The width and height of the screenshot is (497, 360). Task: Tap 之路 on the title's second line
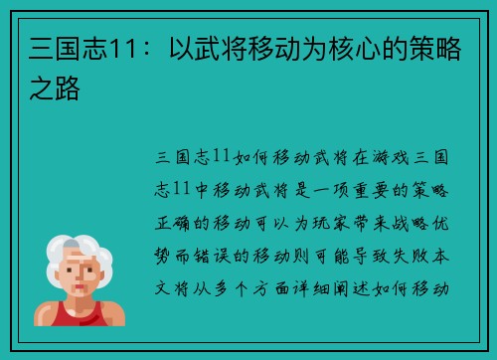[52, 89]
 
